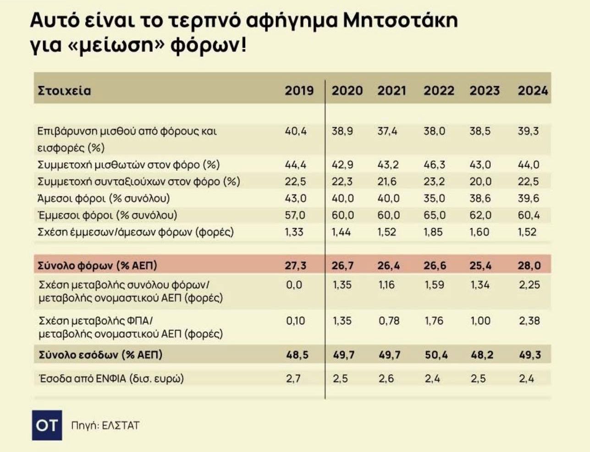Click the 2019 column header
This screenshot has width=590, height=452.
coord(299,90)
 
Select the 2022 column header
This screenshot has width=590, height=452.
coord(439,90)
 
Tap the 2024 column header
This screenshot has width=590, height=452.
coord(533,90)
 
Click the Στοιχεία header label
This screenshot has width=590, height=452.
coord(64,90)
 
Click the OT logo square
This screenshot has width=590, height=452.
coord(47,425)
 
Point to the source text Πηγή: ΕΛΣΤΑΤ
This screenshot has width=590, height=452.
coord(105,425)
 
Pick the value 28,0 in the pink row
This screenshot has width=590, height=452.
coord(529,265)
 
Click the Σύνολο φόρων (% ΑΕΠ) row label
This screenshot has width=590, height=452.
coord(98,265)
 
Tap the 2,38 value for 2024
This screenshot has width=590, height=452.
coord(529,321)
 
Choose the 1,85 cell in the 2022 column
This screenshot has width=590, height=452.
coord(434,232)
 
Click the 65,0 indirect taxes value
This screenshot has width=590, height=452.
coord(434,215)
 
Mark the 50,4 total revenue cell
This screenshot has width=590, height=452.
coord(436,355)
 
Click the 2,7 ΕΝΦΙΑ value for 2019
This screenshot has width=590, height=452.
coord(293,379)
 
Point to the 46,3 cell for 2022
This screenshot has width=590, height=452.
coord(434,164)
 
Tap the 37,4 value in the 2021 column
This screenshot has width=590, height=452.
coord(387,131)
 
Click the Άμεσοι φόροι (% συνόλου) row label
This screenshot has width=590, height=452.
coord(104,198)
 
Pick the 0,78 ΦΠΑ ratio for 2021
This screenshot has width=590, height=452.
coord(389,321)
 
